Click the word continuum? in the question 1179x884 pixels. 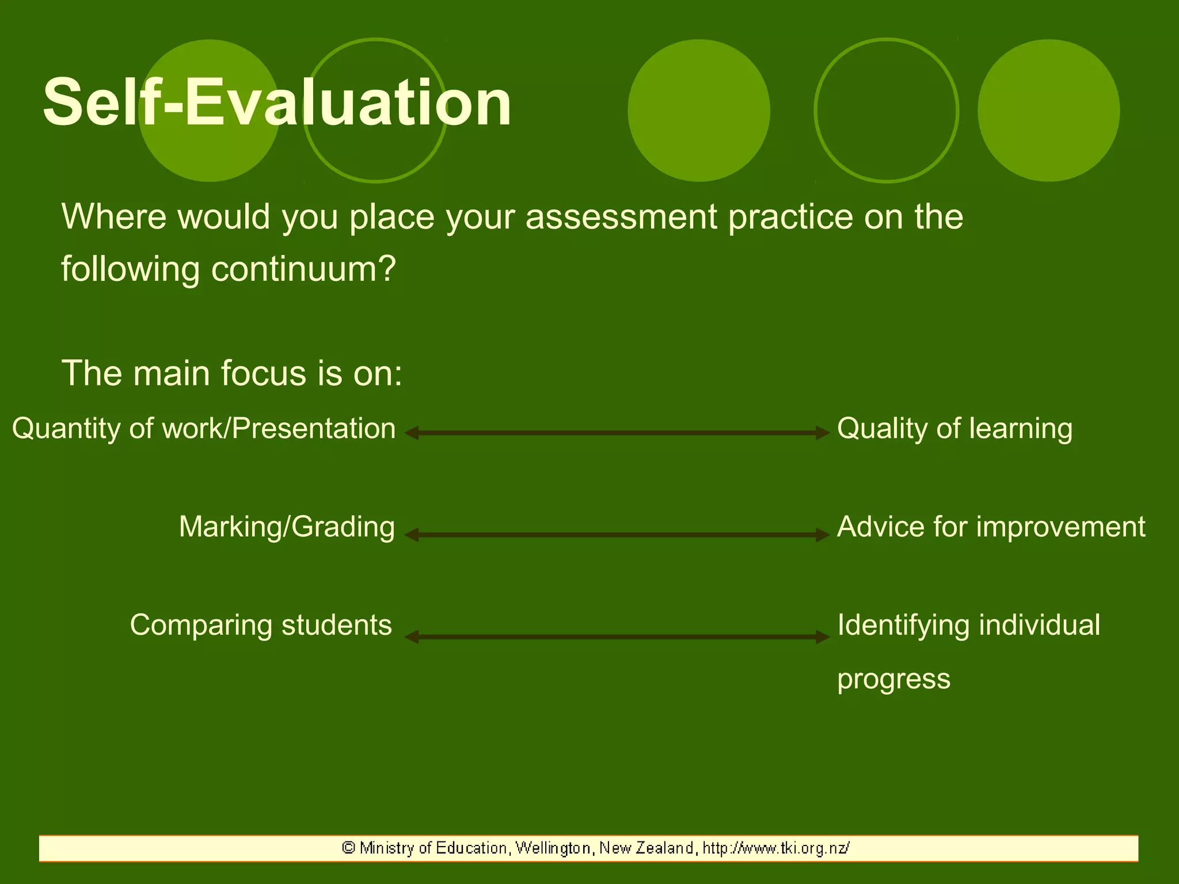point(303,269)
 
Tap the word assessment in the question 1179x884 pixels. point(621,217)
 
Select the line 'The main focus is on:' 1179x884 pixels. point(231,373)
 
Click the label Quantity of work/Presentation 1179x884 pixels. point(204,429)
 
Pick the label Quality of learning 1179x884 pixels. point(954,429)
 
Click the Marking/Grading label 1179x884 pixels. point(287,527)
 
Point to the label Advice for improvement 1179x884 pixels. point(991,527)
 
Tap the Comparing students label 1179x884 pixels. point(261,625)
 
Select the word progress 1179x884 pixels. point(893,680)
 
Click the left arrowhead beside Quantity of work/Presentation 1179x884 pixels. point(411,433)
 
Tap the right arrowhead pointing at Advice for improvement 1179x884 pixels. point(823,535)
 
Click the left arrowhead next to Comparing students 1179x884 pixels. point(411,637)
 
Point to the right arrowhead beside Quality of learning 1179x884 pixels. point(823,433)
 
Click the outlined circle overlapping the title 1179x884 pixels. point(375,161)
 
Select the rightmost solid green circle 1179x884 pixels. point(1048,110)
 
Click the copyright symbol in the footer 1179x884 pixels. point(348,848)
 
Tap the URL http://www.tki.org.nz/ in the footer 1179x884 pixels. point(775,848)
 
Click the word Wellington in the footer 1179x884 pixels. point(553,848)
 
